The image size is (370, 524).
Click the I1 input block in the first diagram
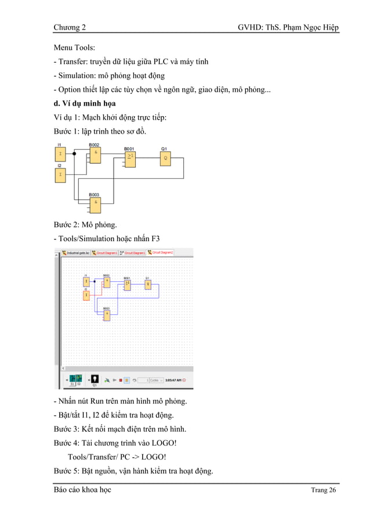(60, 154)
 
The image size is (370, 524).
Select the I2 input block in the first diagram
(60, 174)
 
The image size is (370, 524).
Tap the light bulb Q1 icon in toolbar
(95, 379)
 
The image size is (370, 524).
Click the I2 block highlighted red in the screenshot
(86, 295)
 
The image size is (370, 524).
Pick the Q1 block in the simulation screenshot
(147, 284)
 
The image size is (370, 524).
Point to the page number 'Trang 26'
(323, 490)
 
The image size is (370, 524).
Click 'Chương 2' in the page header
(70, 28)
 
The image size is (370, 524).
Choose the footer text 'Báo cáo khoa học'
(82, 490)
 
